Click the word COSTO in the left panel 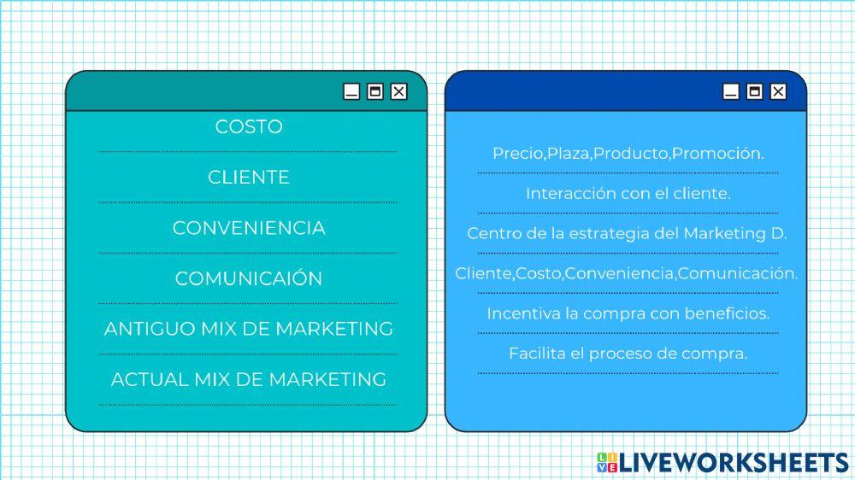click(248, 127)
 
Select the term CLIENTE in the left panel click(248, 178)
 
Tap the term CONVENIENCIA click(248, 228)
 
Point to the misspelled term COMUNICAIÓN click(248, 278)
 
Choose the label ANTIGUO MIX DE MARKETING click(248, 329)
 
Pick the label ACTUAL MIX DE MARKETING click(248, 379)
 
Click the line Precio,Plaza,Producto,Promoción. click(628, 154)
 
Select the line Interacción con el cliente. click(628, 194)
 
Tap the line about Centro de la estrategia click(628, 233)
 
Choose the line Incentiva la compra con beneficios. click(628, 313)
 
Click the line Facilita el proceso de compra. click(628, 353)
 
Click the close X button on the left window click(398, 92)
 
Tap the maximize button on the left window click(374, 92)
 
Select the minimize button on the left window click(351, 92)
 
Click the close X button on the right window click(777, 92)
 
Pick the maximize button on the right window click(753, 92)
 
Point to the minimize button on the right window click(730, 92)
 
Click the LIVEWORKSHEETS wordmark click(734, 462)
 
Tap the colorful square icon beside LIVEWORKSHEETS click(606, 462)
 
